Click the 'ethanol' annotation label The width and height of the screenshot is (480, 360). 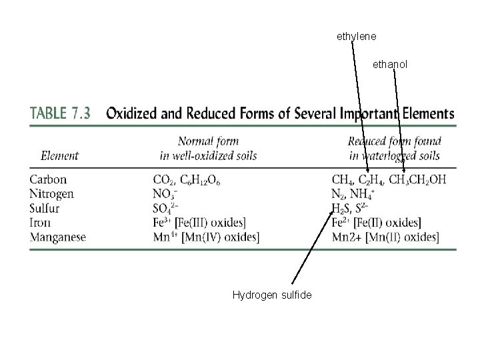(390, 65)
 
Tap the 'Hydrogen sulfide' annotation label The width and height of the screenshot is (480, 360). (272, 294)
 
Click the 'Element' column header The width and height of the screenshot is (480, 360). (59, 156)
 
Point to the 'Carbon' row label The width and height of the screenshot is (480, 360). (49, 179)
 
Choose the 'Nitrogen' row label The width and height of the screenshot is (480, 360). (52, 194)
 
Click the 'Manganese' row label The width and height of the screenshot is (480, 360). (58, 237)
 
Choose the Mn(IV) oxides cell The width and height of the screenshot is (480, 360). (206, 237)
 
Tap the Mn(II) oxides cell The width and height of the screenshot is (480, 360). (385, 237)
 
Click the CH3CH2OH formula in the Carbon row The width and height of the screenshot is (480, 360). (417, 180)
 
